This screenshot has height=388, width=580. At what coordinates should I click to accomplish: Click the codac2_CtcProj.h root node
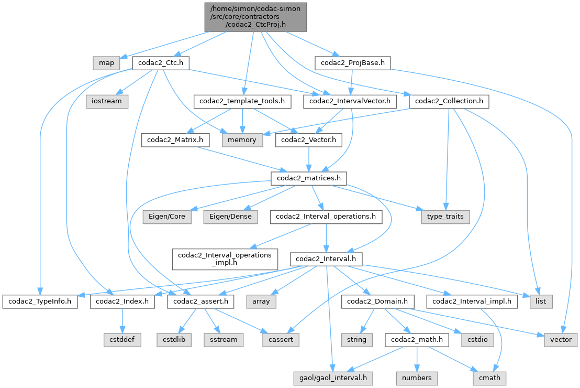pos(255,16)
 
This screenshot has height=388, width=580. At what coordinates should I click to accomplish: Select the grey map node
pos(106,63)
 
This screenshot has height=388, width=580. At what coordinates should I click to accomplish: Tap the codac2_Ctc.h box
pos(160,63)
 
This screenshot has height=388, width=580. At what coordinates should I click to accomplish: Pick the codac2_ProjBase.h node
pos(353,63)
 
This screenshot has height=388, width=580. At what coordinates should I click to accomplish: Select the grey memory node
pos(241,140)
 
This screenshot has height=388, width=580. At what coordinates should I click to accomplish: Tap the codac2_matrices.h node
pos(308,178)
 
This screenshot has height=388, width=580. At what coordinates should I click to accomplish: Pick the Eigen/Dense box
pos(231,217)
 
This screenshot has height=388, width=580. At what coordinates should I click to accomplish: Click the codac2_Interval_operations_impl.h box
pos(225,259)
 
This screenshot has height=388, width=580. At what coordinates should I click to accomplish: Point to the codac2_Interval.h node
pos(327,259)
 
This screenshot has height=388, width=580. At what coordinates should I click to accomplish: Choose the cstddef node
pos(122,339)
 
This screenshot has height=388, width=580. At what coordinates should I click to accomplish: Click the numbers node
pos(416,378)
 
